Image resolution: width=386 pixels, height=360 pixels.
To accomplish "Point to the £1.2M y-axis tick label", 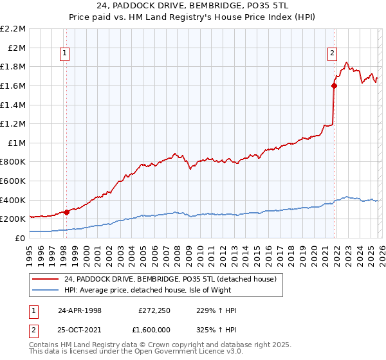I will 14,123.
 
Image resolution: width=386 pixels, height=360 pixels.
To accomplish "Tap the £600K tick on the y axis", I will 14,181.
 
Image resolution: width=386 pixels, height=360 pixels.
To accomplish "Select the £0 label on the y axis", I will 21,238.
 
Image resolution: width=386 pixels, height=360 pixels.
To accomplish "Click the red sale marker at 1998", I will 66,212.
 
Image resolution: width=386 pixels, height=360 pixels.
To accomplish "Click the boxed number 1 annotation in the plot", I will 66,54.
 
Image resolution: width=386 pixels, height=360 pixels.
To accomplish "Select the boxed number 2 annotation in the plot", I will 332,54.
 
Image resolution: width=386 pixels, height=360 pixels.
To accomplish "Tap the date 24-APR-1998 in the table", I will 78,310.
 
